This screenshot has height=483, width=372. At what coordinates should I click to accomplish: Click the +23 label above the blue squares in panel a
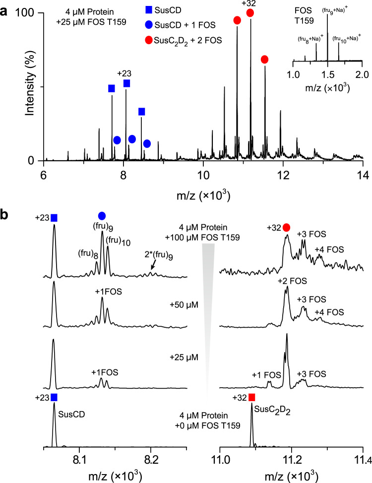click(124, 73)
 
